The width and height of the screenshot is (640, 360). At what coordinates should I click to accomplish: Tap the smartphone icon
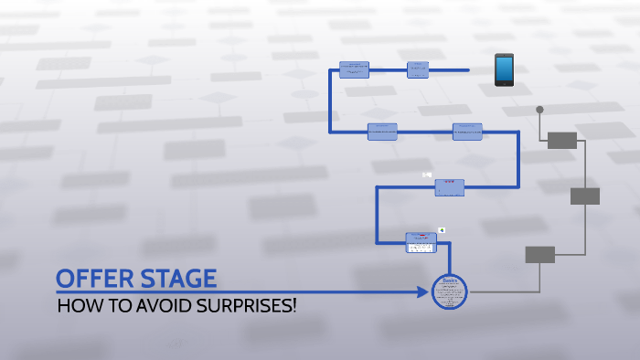[504, 69]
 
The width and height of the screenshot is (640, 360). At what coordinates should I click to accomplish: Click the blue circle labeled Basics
[449, 291]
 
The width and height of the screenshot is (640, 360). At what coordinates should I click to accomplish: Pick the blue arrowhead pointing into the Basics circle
[426, 292]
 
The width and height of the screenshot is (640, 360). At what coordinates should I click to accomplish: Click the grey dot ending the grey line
[539, 110]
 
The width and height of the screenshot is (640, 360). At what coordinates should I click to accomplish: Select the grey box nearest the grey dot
[561, 140]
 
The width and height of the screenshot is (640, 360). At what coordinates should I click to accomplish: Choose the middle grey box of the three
[584, 196]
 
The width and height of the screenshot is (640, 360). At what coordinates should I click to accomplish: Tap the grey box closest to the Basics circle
[539, 254]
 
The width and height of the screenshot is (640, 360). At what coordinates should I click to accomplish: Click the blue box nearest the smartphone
[418, 69]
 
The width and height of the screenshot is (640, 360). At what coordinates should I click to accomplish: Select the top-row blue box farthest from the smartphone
[354, 69]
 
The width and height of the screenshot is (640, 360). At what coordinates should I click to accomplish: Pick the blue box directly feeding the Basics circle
[421, 241]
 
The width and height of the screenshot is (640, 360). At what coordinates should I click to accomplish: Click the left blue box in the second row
[382, 132]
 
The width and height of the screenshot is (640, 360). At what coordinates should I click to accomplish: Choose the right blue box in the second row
[467, 132]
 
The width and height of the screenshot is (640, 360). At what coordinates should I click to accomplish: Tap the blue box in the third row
[449, 187]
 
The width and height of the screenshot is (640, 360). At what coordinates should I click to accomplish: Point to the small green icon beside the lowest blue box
[442, 230]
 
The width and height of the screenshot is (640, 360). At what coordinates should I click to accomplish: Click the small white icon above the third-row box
[426, 175]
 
